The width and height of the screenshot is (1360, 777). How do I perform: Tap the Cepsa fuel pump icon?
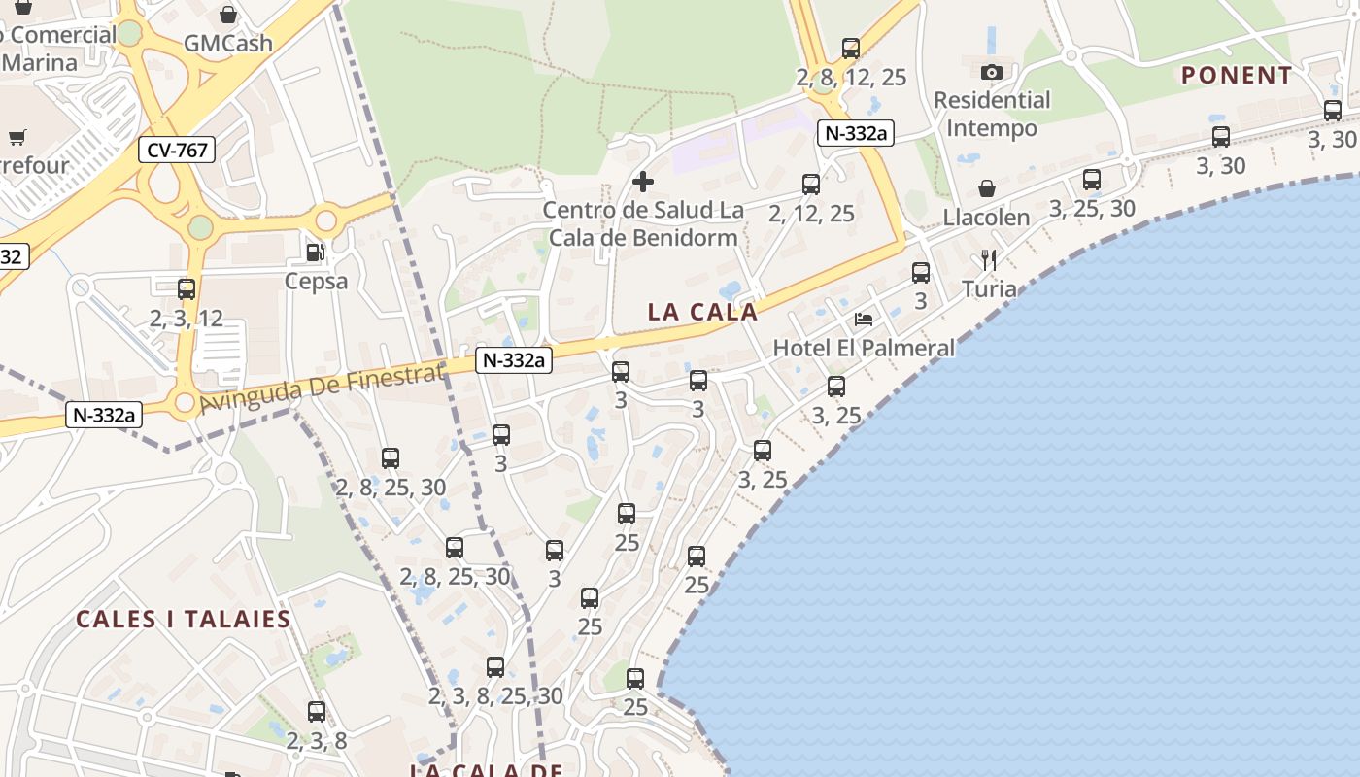pos(315,253)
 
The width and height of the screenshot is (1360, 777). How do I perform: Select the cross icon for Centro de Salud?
pos(642,182)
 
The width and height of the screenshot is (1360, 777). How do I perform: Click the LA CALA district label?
pos(702,312)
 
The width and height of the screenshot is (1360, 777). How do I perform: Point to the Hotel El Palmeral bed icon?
pos(863,319)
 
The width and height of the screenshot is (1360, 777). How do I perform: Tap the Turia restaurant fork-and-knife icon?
pos(989,259)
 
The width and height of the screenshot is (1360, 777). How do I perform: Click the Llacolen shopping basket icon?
pos(986,187)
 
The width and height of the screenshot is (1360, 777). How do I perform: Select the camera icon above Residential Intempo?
pos(991,72)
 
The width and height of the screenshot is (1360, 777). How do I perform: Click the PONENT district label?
pos(1237,75)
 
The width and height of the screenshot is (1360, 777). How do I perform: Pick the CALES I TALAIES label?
pos(184,619)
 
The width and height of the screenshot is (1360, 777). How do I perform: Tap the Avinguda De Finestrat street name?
pos(321,388)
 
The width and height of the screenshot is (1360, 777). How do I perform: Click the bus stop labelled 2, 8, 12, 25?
pos(851,48)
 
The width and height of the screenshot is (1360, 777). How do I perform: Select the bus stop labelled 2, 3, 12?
pos(186,288)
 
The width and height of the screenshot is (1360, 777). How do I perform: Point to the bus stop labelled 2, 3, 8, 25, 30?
pos(495,667)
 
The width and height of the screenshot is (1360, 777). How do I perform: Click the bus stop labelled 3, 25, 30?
pos(1092,179)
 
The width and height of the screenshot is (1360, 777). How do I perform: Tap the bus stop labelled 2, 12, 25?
pos(810,184)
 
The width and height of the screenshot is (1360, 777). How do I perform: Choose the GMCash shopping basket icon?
pos(227,15)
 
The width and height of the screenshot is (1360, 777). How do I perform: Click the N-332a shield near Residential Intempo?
pos(855,133)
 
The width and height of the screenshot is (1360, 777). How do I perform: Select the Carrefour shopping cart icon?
pos(17,137)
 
